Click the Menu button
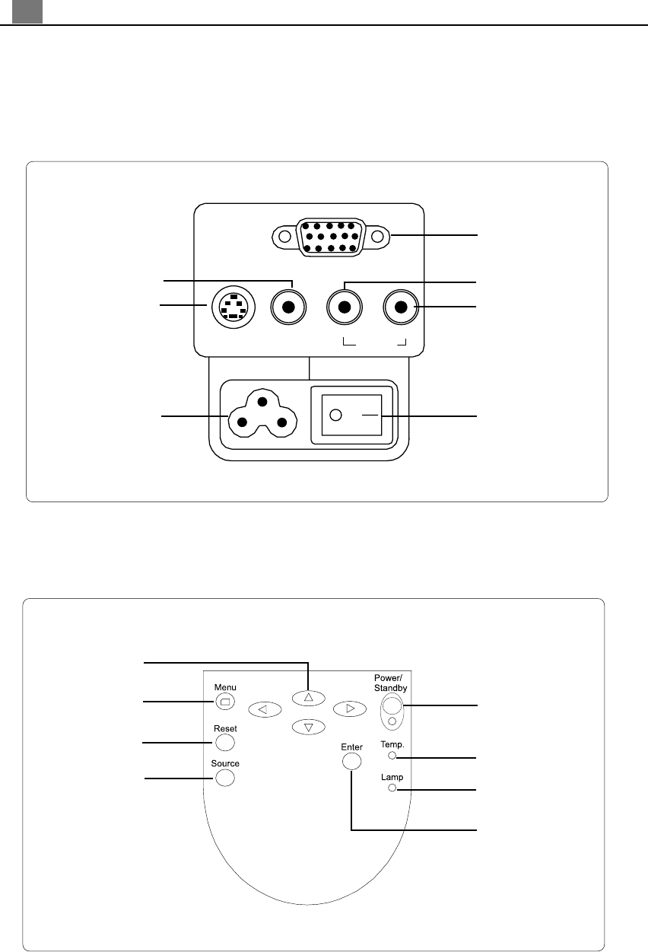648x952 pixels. click(x=224, y=702)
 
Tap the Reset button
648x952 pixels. click(x=224, y=742)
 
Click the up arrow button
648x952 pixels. click(x=308, y=696)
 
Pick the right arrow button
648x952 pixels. click(x=350, y=708)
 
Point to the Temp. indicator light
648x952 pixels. click(x=392, y=756)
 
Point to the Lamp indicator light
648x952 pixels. click(x=392, y=788)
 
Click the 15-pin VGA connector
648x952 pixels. click(x=329, y=237)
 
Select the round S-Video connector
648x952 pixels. click(x=231, y=307)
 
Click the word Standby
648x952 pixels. click(x=391, y=688)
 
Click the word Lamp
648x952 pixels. click(x=392, y=778)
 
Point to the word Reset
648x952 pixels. click(x=225, y=728)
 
